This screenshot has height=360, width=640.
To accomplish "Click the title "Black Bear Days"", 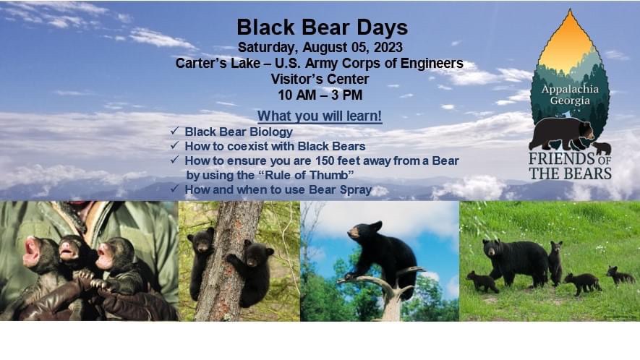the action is tap(322, 27).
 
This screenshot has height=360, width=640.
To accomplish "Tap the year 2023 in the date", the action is tap(388, 47).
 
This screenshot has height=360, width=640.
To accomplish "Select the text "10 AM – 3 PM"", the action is tap(320, 95).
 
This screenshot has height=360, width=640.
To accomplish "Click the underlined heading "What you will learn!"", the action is tap(320, 116).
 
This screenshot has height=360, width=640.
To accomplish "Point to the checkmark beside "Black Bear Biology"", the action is tap(175, 131).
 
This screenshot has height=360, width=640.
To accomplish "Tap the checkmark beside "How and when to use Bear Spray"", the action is tap(175, 189).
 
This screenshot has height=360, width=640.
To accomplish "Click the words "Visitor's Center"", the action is tap(320, 79).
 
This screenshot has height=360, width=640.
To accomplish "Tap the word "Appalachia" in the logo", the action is tap(570, 89).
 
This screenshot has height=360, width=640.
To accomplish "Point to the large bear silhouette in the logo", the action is tap(562, 133).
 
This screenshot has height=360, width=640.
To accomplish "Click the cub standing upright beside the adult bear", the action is tap(555, 263).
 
